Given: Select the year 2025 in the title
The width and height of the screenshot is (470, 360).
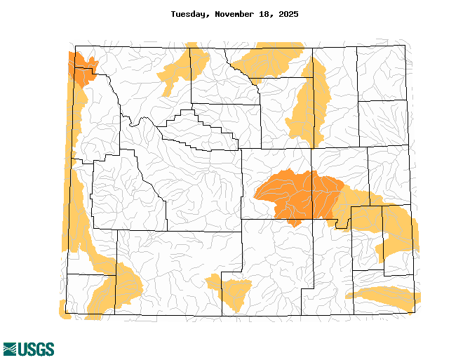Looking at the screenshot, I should (288, 14).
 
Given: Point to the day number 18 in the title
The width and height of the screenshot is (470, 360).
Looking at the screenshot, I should (267, 14).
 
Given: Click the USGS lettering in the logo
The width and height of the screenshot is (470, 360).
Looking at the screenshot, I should (36, 349).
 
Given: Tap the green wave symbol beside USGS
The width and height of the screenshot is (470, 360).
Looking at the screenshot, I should (11, 349).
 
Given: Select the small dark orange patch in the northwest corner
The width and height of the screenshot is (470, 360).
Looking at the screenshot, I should (81, 68).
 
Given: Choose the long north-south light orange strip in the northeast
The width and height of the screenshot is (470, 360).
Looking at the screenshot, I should (309, 102).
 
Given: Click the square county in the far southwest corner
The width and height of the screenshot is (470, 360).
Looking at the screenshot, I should (83, 293).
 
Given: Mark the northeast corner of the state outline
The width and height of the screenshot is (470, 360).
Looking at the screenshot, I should (405, 46).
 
